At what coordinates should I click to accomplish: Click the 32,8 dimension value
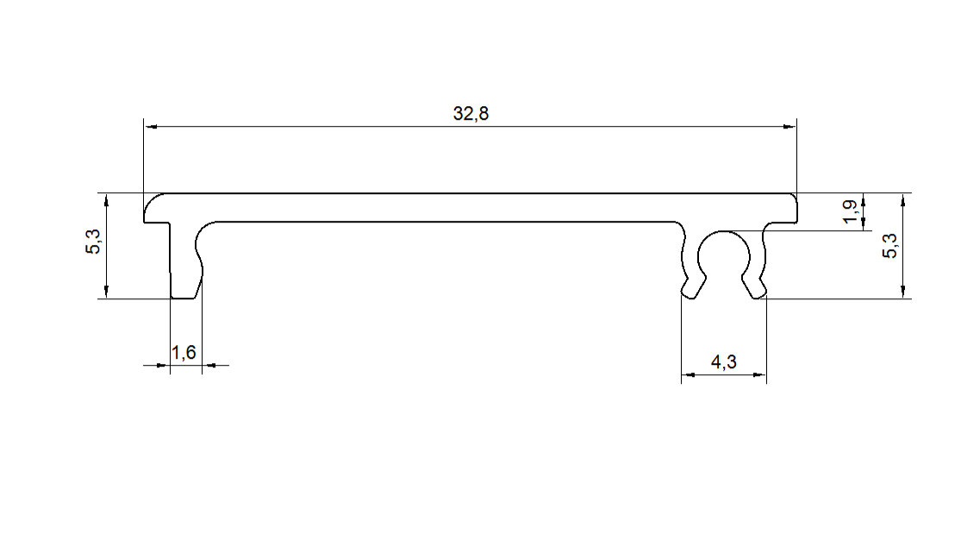(x=471, y=114)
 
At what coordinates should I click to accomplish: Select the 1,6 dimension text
(x=184, y=352)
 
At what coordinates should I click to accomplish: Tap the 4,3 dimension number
(x=724, y=362)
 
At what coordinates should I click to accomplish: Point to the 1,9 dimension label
(x=849, y=211)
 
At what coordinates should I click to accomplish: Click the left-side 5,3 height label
(x=92, y=242)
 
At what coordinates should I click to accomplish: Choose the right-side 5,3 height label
(x=889, y=246)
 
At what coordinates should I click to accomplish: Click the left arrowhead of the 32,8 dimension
(x=150, y=127)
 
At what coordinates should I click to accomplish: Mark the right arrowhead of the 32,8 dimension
(x=790, y=127)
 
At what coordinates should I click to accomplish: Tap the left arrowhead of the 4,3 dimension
(x=688, y=374)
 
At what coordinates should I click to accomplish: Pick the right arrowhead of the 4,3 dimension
(x=760, y=374)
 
